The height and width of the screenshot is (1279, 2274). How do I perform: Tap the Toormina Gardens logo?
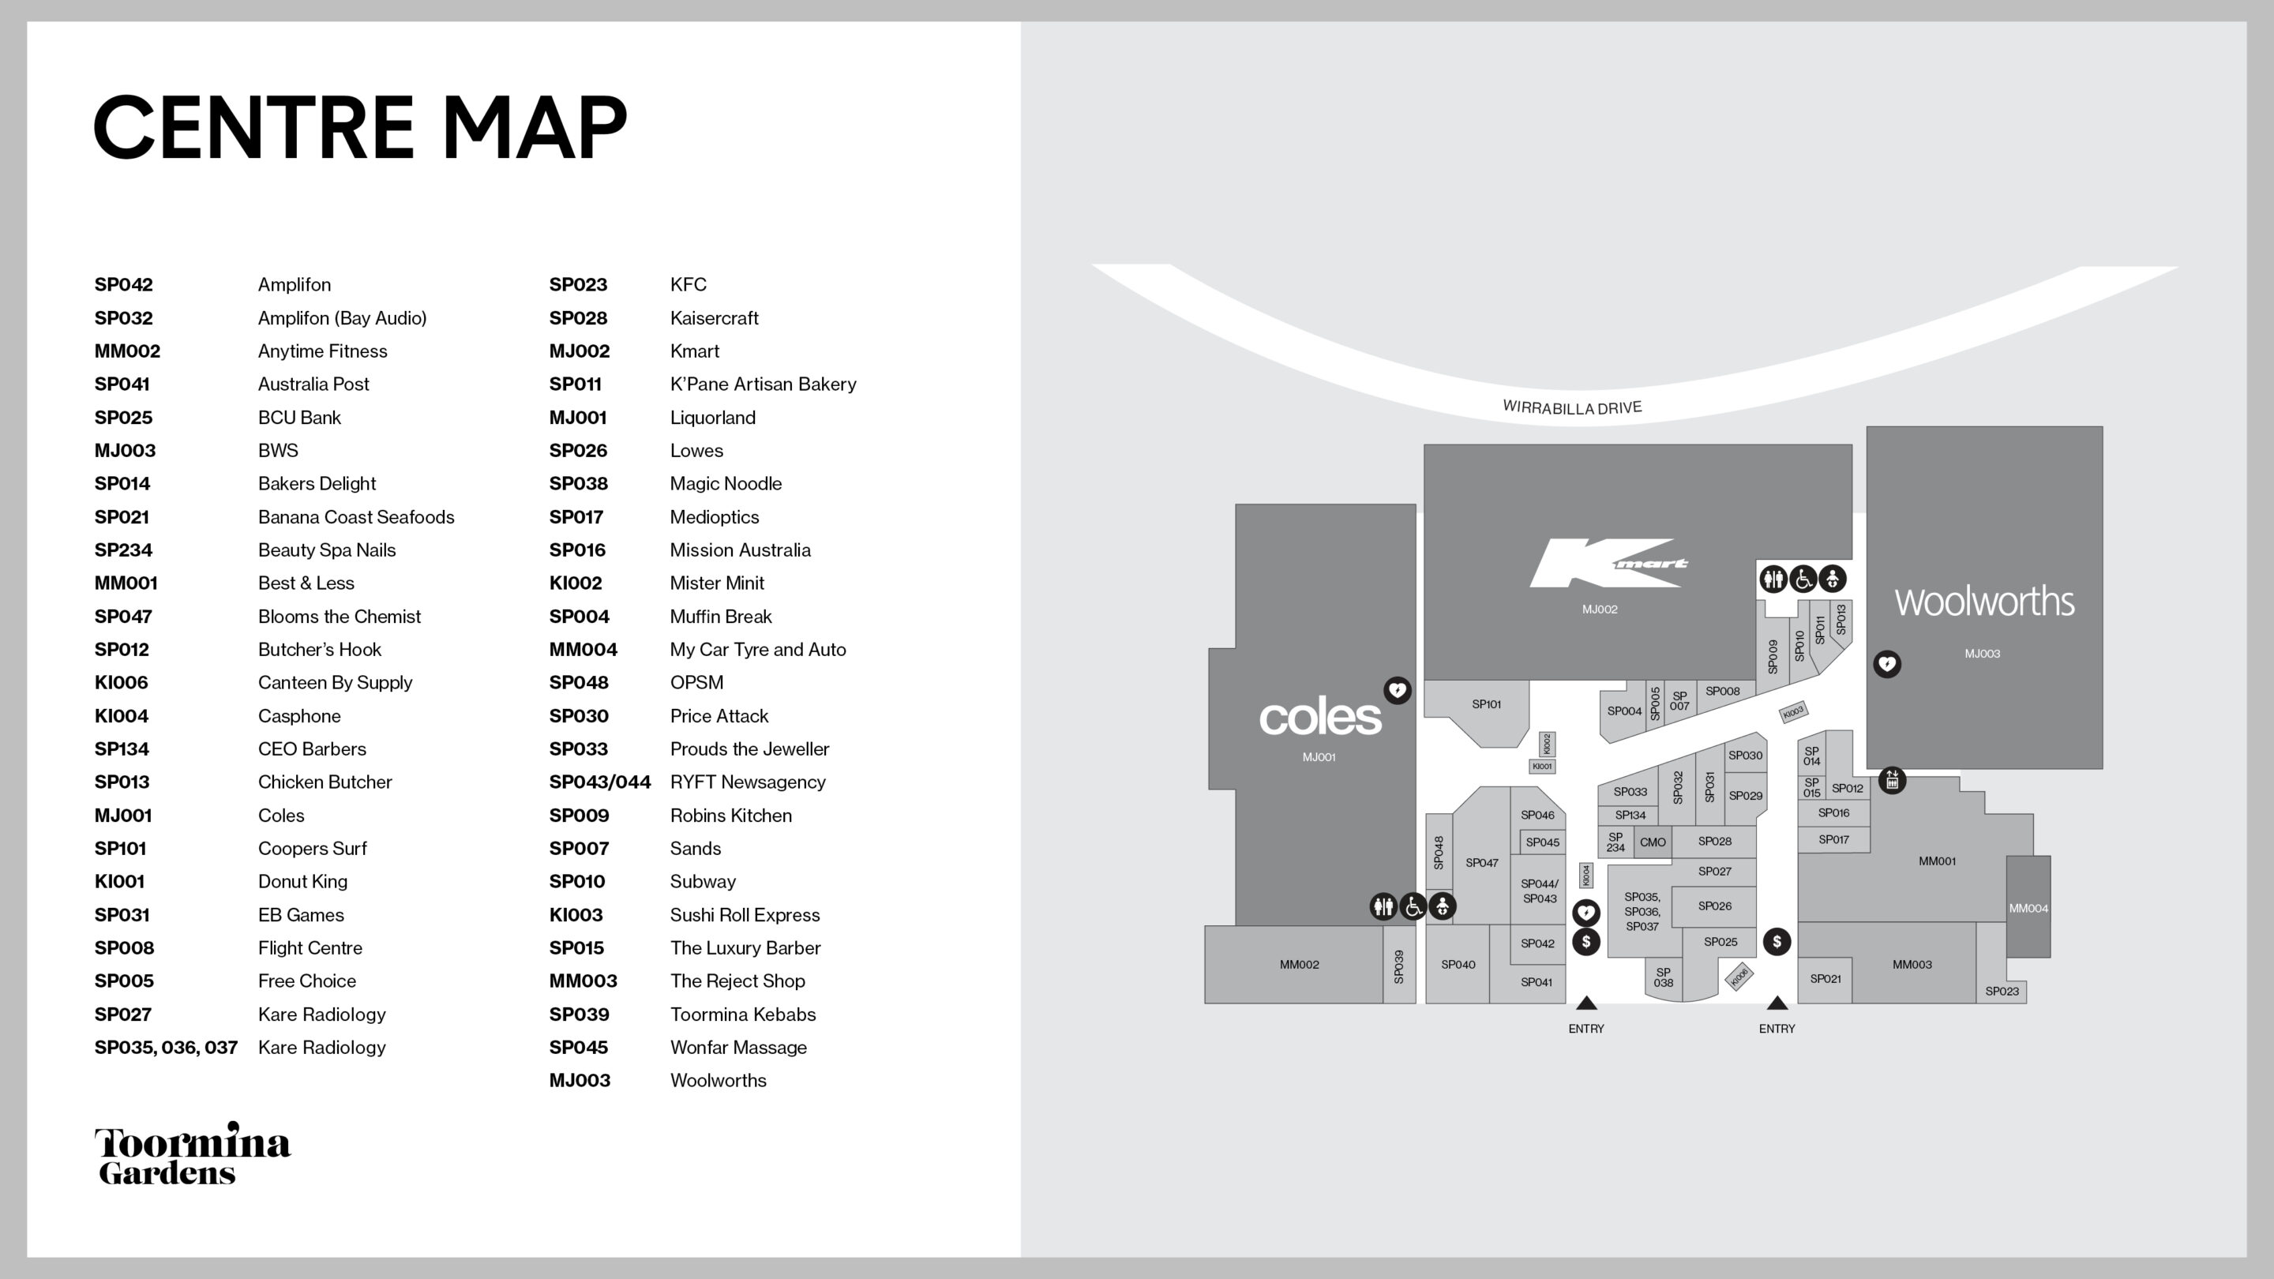(x=193, y=1153)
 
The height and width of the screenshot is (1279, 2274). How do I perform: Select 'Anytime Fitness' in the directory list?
(x=322, y=351)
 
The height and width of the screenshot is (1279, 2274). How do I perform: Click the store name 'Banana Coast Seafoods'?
(x=356, y=517)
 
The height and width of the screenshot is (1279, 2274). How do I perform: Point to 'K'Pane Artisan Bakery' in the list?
(x=763, y=384)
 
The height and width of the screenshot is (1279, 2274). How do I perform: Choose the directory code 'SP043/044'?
(x=599, y=782)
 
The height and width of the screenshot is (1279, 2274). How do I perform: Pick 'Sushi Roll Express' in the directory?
(x=744, y=915)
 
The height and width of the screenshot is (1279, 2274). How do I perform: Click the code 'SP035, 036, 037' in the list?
(x=166, y=1048)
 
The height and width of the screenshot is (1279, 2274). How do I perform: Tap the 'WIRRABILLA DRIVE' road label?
(x=1572, y=407)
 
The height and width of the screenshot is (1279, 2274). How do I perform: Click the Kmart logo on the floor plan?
(x=1608, y=562)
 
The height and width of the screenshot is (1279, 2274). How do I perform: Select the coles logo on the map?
(x=1319, y=718)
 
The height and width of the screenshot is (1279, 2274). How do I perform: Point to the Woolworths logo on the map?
(x=1984, y=602)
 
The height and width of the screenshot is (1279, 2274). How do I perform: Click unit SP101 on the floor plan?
(x=1487, y=704)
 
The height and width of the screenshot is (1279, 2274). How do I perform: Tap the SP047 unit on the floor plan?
(x=1482, y=862)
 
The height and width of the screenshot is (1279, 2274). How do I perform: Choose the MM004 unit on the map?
(x=2028, y=907)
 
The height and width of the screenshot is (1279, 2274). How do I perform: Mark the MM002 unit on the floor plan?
(x=1299, y=965)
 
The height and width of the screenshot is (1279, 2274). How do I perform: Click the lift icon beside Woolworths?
(x=1892, y=780)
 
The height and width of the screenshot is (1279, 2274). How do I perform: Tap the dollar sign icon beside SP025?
(x=1777, y=942)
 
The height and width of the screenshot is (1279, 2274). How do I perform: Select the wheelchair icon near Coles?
(x=1413, y=906)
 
